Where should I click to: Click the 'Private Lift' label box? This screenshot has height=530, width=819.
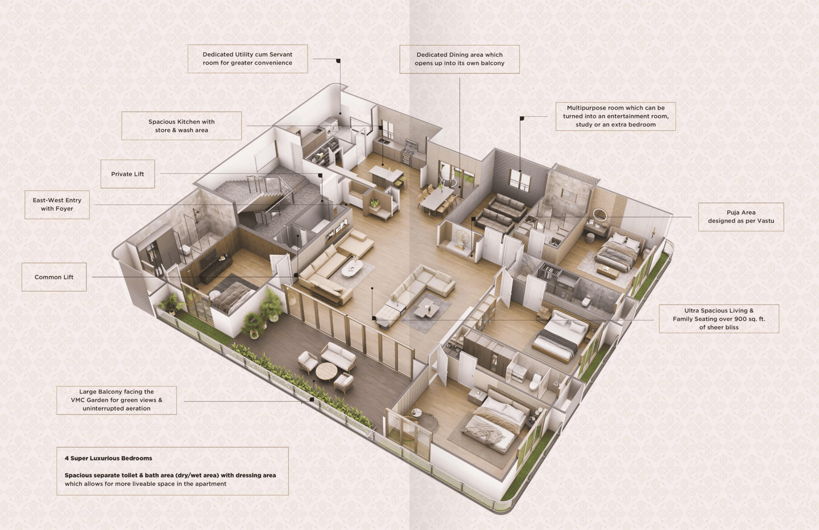127,174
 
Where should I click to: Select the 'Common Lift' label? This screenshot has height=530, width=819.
54,277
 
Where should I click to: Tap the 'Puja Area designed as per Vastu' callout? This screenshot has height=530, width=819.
741,217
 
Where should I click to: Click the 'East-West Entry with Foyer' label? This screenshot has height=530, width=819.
57,204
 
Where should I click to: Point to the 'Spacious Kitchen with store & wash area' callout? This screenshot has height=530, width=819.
181,126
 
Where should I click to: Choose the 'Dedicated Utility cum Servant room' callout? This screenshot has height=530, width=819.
247,59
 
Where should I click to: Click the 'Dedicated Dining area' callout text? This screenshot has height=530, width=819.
459,59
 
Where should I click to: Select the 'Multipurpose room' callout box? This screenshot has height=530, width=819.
616,116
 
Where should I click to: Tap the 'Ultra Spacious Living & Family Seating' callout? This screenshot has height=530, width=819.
719,319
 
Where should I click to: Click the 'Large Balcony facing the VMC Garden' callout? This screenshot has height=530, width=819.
117,400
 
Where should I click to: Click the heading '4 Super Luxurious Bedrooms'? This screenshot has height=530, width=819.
108,458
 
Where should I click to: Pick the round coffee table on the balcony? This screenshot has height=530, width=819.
326,372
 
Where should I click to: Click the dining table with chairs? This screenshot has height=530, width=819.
437,198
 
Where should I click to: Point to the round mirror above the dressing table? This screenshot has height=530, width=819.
599,215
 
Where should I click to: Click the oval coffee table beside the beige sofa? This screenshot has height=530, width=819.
353,268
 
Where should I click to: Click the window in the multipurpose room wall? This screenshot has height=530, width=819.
520,180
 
